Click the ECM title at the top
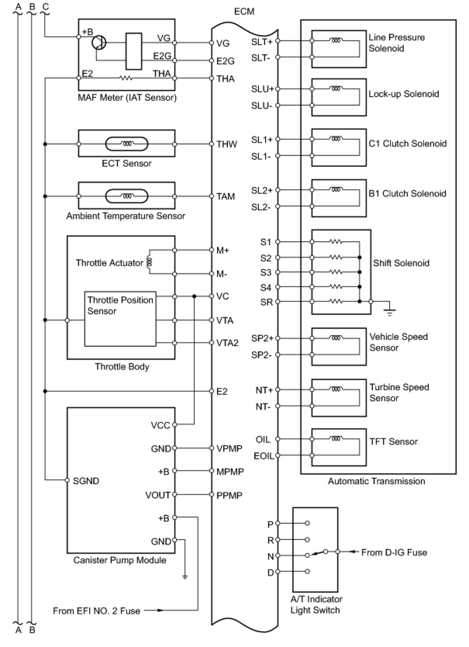click(x=244, y=12)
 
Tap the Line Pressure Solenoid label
click(x=396, y=43)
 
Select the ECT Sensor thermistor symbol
click(x=127, y=144)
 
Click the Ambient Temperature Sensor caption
click(x=126, y=216)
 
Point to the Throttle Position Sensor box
click(x=120, y=318)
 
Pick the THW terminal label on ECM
click(x=227, y=144)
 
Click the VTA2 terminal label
click(x=227, y=343)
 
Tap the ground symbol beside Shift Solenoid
click(x=390, y=311)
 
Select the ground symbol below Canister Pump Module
click(x=185, y=577)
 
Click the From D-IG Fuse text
click(x=394, y=552)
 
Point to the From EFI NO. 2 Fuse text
click(x=97, y=611)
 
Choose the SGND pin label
click(x=86, y=481)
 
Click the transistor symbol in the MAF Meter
click(x=99, y=43)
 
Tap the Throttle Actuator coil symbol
click(x=150, y=262)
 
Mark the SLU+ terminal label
click(x=262, y=89)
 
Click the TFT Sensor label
click(x=393, y=441)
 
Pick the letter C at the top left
click(x=46, y=7)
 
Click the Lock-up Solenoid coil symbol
click(x=336, y=89)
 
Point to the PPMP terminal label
click(x=229, y=495)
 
